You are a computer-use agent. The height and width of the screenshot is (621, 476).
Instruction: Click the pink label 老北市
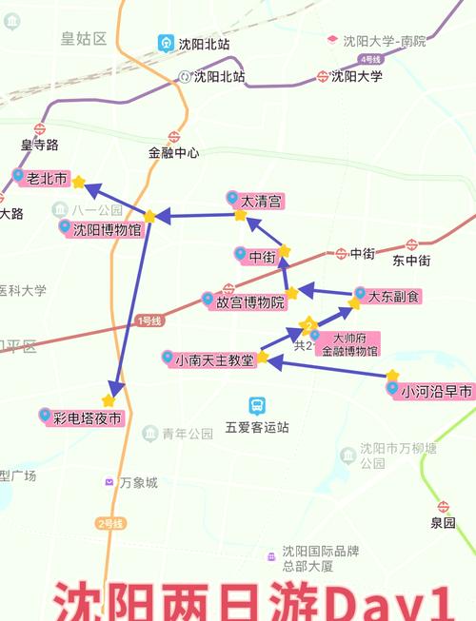click(x=45, y=178)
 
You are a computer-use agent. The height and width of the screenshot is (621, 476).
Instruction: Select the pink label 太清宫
click(x=260, y=202)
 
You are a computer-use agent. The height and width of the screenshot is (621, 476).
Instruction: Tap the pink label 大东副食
click(x=391, y=296)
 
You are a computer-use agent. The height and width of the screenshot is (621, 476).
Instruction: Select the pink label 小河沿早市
click(x=433, y=391)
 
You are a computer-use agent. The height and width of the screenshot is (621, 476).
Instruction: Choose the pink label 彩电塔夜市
click(x=85, y=417)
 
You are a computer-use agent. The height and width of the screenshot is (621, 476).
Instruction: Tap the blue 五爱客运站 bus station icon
click(x=255, y=405)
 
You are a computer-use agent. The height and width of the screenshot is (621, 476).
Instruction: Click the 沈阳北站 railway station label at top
click(x=204, y=44)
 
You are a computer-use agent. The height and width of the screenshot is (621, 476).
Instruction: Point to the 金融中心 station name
click(x=173, y=152)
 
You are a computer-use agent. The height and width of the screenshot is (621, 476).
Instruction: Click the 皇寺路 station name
click(x=40, y=145)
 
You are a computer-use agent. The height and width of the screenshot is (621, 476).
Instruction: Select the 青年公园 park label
click(x=187, y=434)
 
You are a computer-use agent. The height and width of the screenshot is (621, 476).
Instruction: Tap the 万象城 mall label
click(x=138, y=483)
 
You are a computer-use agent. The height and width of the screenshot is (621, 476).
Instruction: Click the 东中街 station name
click(x=411, y=261)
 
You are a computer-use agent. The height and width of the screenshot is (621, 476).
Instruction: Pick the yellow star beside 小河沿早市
click(x=391, y=376)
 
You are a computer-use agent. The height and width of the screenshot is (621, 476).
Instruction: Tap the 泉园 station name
click(x=443, y=523)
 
